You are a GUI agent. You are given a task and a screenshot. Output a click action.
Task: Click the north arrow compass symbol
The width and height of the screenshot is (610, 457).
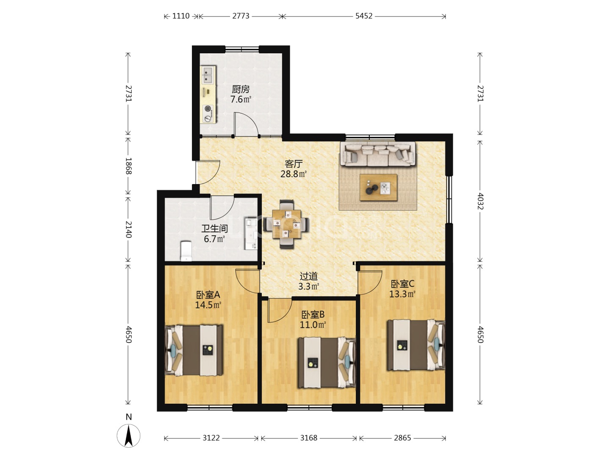[128, 436]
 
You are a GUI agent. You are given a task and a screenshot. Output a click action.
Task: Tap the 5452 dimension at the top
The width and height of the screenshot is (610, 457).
[363, 16]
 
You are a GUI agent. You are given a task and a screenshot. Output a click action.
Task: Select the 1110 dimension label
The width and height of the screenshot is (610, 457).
[181, 16]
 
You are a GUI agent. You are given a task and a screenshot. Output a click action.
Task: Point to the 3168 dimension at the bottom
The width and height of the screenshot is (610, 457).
[308, 438]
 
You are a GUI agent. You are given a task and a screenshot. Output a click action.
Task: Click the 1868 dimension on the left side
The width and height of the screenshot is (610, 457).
[128, 166]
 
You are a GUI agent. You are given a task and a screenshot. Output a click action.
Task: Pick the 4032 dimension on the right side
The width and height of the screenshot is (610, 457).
[480, 201]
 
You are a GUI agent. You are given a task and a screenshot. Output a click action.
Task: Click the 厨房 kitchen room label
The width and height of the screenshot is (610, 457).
[241, 89]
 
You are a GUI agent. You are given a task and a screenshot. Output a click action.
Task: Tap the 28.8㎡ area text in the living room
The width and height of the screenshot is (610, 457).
[294, 174]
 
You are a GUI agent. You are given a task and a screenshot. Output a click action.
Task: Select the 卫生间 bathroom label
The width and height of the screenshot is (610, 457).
[214, 228]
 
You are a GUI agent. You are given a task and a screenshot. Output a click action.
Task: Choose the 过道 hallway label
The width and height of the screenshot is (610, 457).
[309, 276]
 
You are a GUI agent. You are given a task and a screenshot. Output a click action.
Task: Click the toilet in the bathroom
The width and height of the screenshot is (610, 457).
[186, 251]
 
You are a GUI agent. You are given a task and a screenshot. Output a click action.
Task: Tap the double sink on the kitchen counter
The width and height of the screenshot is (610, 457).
[208, 74]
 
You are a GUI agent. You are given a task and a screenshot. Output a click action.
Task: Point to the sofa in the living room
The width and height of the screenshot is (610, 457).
[377, 154]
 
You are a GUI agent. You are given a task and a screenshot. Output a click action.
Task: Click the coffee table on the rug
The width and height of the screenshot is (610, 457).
[378, 187]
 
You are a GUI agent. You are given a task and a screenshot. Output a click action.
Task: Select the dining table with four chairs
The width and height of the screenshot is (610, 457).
[286, 224]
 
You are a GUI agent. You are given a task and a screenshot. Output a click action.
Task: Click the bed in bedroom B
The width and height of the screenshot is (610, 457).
[327, 363]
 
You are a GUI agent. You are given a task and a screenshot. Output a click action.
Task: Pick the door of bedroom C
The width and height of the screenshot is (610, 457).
[370, 283]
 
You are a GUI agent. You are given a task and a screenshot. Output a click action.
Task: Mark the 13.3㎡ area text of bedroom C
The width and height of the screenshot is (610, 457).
[402, 294]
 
